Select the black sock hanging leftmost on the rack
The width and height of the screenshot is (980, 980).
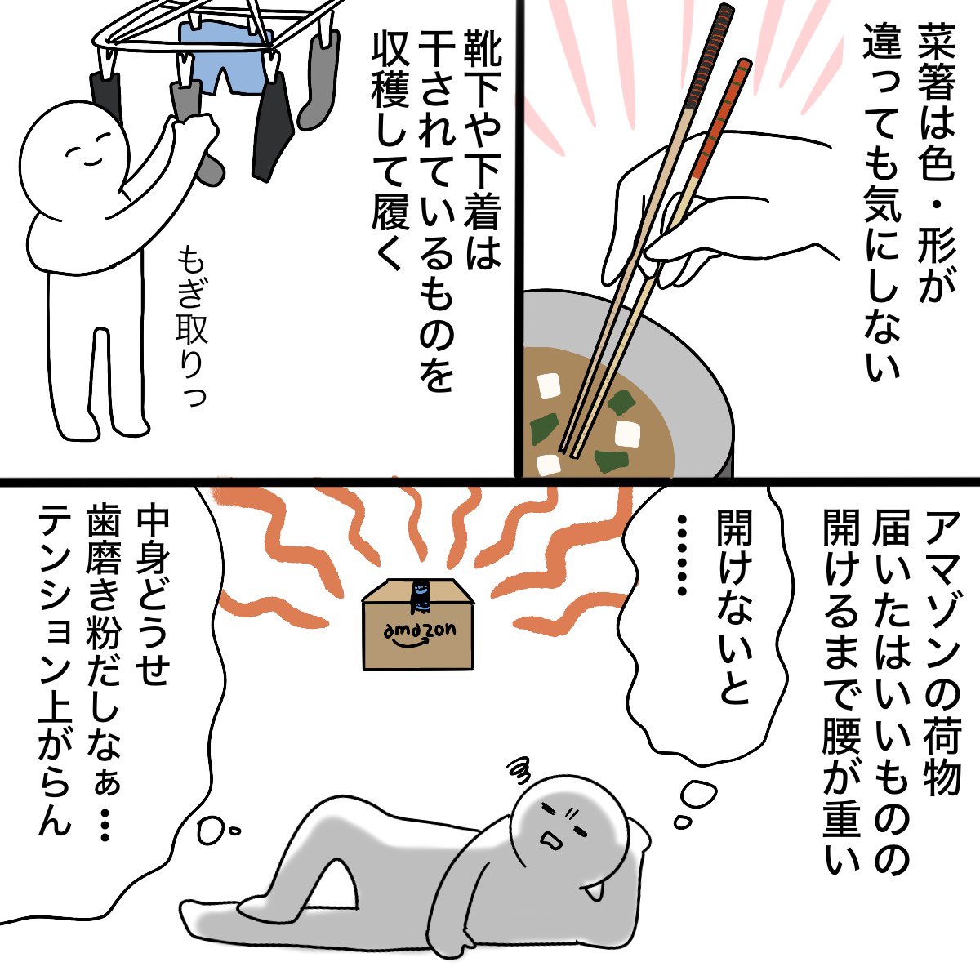tap(105, 98)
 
